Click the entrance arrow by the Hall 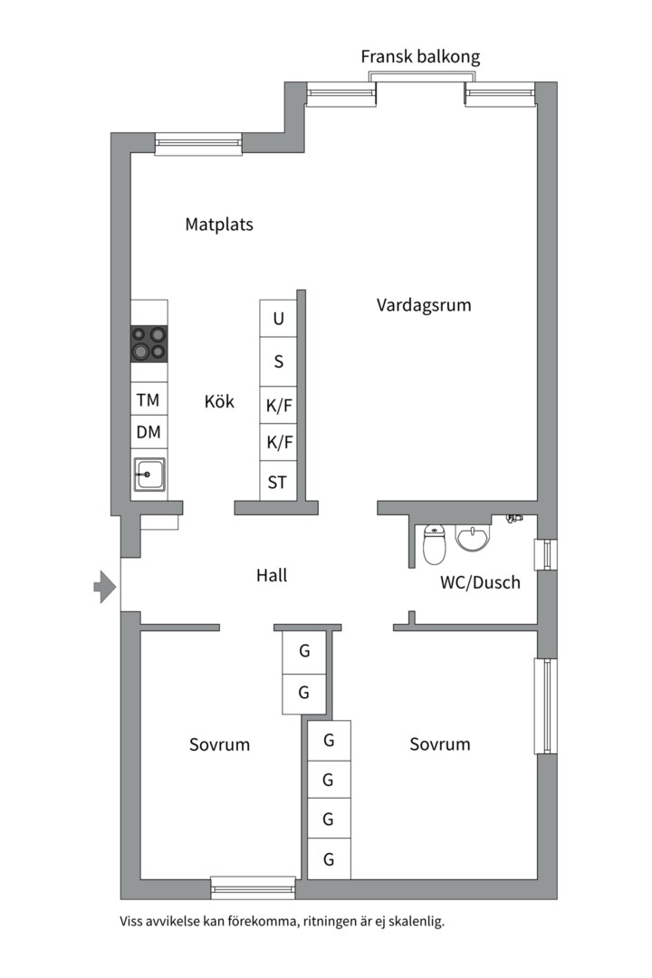pyautogui.click(x=105, y=586)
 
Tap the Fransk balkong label pyautogui.click(x=420, y=57)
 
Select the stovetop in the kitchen pyautogui.click(x=149, y=344)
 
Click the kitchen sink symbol pyautogui.click(x=149, y=475)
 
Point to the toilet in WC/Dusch pyautogui.click(x=435, y=544)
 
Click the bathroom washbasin pyautogui.click(x=473, y=538)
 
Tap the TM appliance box pyautogui.click(x=149, y=399)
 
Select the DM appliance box pyautogui.click(x=149, y=432)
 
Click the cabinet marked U pyautogui.click(x=278, y=319)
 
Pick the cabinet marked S pyautogui.click(x=278, y=361)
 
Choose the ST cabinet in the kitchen pyautogui.click(x=278, y=482)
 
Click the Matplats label pyautogui.click(x=219, y=225)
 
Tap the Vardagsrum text pyautogui.click(x=424, y=306)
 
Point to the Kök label pyautogui.click(x=219, y=401)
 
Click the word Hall pyautogui.click(x=272, y=575)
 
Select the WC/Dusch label pyautogui.click(x=481, y=582)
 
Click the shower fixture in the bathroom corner pyautogui.click(x=513, y=518)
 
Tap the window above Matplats pyautogui.click(x=198, y=143)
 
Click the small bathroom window pyautogui.click(x=545, y=554)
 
